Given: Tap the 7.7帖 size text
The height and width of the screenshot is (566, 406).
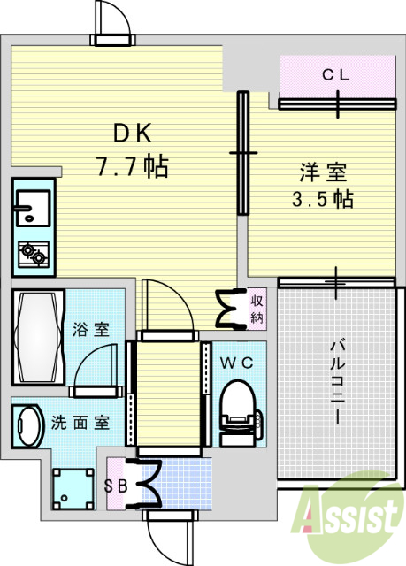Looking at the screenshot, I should pyautogui.click(x=134, y=165).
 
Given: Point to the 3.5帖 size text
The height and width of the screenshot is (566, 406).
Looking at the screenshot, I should pyautogui.click(x=323, y=199).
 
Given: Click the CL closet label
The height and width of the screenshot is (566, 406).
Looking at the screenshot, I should pyautogui.click(x=336, y=76).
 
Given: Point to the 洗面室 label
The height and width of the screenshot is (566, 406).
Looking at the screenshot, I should pyautogui.click(x=80, y=422).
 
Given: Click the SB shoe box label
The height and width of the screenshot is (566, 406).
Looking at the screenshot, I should pyautogui.click(x=116, y=486).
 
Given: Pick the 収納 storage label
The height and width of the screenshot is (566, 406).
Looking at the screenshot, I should pyautogui.click(x=257, y=309).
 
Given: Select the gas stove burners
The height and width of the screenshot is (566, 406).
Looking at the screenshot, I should pyautogui.click(x=33, y=255).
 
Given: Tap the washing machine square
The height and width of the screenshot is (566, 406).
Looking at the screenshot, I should pyautogui.click(x=72, y=488).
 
